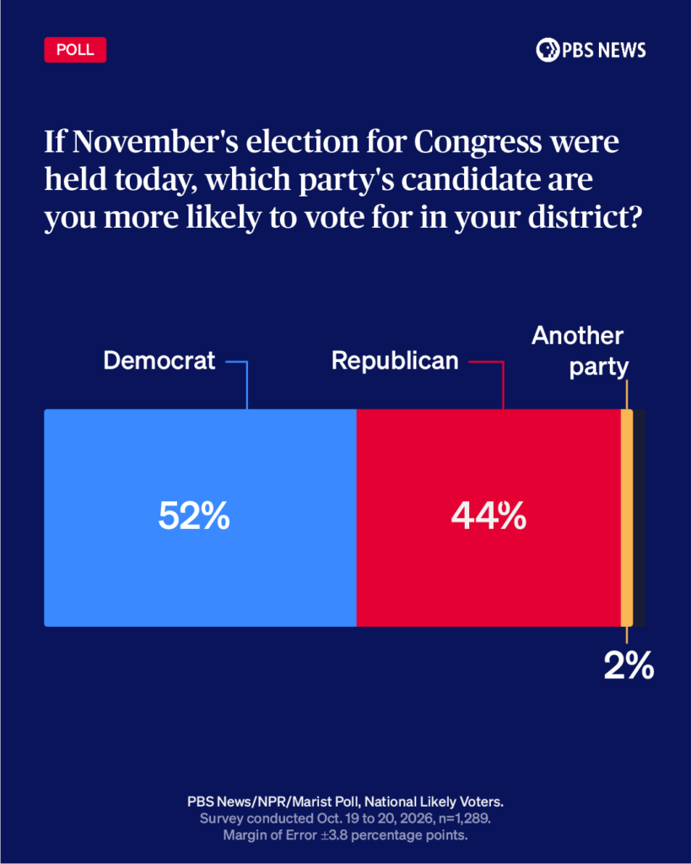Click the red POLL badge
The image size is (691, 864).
(x=75, y=50)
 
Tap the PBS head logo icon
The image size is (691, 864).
(x=548, y=50)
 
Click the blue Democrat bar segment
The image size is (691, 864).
(x=200, y=517)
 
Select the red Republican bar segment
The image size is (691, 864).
(x=489, y=517)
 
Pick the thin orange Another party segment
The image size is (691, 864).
(x=627, y=517)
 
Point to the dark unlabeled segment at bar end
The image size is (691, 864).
(x=640, y=517)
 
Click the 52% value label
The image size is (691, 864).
(x=194, y=516)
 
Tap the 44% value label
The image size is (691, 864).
(x=489, y=516)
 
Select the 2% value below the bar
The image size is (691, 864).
(x=629, y=666)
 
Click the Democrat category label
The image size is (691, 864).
(x=159, y=361)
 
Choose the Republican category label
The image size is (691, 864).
(x=395, y=361)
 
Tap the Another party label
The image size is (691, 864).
(x=579, y=351)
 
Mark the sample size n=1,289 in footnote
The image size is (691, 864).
(x=465, y=818)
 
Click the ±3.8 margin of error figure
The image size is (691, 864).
(x=332, y=835)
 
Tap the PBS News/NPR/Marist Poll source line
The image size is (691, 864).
(x=346, y=802)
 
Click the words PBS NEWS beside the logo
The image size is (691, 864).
(x=604, y=50)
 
